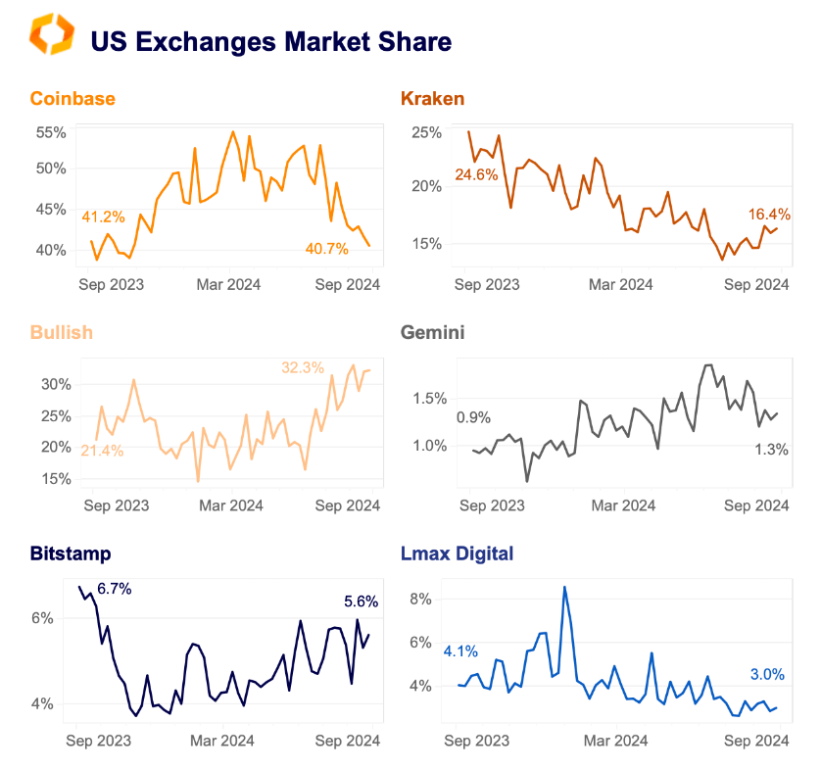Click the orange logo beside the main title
click(52, 35)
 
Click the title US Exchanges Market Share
click(270, 42)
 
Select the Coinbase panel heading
click(72, 99)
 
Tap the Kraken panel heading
click(432, 99)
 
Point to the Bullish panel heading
click(61, 332)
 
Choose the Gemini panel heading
click(432, 332)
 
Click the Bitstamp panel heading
click(70, 553)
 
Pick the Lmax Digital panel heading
click(457, 553)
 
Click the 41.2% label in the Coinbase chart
click(102, 217)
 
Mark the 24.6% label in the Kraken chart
click(477, 175)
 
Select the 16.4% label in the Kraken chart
click(769, 215)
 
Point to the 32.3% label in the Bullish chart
click(302, 367)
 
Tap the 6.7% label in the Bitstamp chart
click(114, 589)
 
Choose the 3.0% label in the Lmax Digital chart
click(767, 674)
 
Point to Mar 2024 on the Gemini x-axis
click(624, 505)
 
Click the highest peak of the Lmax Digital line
click(564, 587)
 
